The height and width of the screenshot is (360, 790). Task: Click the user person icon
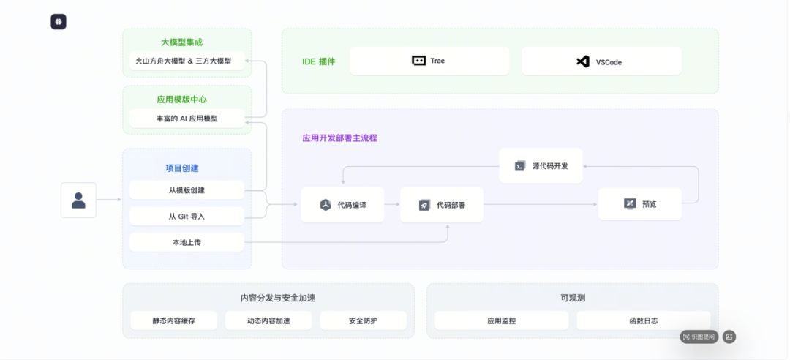(x=78, y=200)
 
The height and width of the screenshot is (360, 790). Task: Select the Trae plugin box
(x=429, y=61)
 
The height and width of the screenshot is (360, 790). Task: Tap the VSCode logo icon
(x=583, y=61)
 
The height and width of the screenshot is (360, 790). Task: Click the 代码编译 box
(x=342, y=205)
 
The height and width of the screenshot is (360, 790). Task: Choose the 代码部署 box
(x=441, y=205)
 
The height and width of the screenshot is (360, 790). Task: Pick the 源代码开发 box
(x=541, y=166)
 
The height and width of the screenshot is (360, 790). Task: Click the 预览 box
(x=640, y=203)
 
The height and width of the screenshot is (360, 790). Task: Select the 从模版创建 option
(x=187, y=190)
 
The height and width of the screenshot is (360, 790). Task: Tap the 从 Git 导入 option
(x=187, y=217)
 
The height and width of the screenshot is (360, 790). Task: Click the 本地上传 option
(x=187, y=242)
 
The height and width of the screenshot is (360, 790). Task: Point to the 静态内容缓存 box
(x=174, y=320)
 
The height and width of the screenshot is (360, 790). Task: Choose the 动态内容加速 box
(x=268, y=320)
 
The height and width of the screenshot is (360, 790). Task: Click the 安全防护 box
(x=364, y=320)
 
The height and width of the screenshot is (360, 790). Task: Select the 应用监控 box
(x=501, y=320)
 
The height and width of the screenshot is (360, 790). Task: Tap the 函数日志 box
(x=644, y=320)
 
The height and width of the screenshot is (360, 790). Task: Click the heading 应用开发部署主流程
(x=339, y=138)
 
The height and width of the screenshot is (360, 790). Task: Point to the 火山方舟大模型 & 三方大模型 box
(x=187, y=61)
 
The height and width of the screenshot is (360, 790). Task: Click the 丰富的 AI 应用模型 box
(x=187, y=119)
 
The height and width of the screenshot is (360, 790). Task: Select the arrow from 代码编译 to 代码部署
(x=392, y=205)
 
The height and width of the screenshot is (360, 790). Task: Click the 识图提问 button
(x=699, y=337)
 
